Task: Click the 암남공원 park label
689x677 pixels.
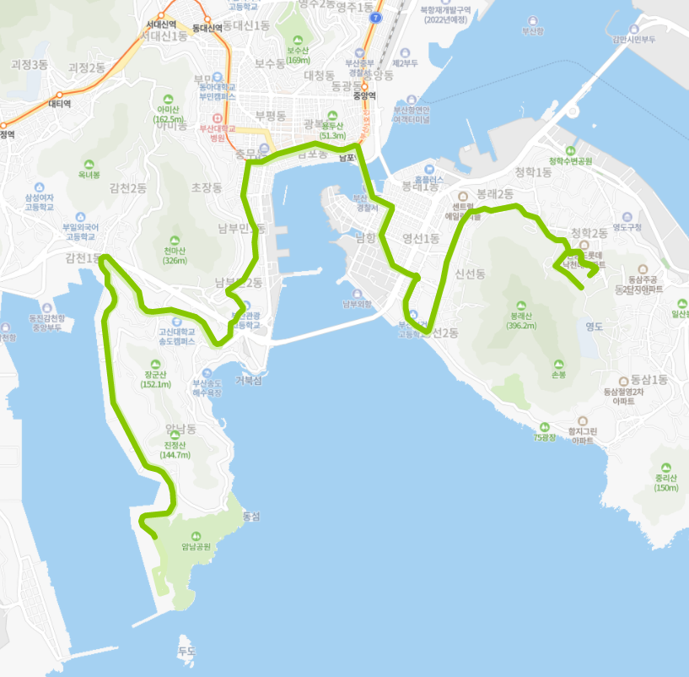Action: tap(196, 546)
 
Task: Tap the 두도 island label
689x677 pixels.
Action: tap(186, 651)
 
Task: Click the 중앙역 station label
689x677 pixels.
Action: tap(364, 95)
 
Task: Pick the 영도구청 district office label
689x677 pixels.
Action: tap(627, 226)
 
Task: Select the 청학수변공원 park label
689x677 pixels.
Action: tap(571, 160)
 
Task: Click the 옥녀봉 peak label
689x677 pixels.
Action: tap(89, 175)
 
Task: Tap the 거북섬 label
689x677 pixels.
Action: tap(249, 381)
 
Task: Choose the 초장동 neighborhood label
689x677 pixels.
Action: tap(206, 187)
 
